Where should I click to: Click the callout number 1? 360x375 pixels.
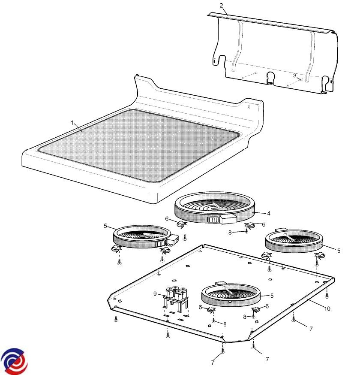point(72,123)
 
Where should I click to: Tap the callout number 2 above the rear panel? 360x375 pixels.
point(221,5)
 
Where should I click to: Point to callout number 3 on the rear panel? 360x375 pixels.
point(295,76)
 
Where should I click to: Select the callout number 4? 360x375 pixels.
point(269,213)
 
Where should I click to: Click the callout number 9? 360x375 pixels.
point(155,293)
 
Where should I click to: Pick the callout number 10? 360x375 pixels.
point(327,309)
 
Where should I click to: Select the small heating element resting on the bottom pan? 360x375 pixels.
point(231,295)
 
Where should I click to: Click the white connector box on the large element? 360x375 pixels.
point(228,218)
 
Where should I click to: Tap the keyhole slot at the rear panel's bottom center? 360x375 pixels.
point(271,77)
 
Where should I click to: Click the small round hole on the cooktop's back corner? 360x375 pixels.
point(249,107)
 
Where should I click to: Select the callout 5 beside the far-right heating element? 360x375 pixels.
point(339,251)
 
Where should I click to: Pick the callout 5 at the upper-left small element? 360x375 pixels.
point(105,226)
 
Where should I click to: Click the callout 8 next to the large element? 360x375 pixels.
point(230,232)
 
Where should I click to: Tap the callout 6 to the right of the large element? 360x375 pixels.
point(264,224)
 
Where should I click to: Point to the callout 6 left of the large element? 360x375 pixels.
point(167,218)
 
